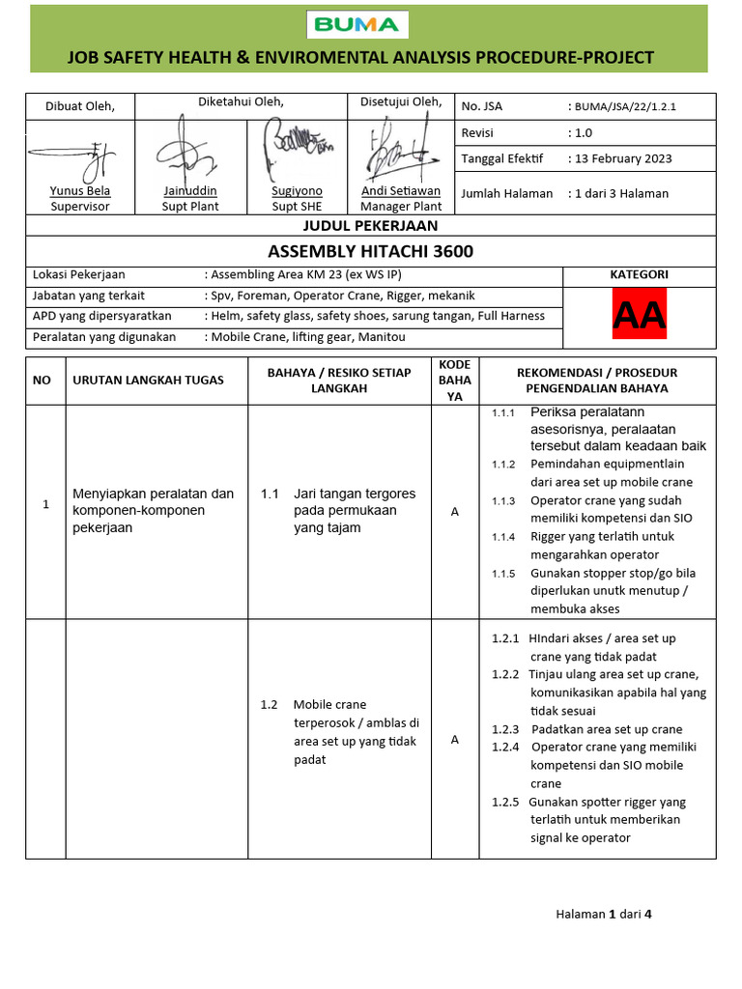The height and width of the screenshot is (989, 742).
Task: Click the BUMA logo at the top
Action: click(358, 24)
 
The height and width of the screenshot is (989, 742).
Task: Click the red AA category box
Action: click(641, 317)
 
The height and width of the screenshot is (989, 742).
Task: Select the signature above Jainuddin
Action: click(188, 151)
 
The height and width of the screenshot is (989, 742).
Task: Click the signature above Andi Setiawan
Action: click(398, 151)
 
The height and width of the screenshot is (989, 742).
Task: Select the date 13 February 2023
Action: click(623, 158)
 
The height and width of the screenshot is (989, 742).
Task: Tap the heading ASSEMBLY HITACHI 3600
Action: click(371, 251)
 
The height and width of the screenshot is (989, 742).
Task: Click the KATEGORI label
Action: click(639, 274)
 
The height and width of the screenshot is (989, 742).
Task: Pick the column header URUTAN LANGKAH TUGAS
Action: click(148, 380)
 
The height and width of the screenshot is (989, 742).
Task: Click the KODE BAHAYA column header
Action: click(454, 381)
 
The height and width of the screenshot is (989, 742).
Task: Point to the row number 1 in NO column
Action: click(45, 504)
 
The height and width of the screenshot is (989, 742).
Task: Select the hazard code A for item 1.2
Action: click(454, 740)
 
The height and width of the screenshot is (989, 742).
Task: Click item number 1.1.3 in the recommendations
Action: click(503, 500)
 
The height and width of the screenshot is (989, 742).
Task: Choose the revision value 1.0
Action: click(584, 132)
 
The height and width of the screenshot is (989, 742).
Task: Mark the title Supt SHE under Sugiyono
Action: click(297, 206)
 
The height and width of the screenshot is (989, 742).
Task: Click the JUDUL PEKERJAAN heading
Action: click(371, 226)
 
